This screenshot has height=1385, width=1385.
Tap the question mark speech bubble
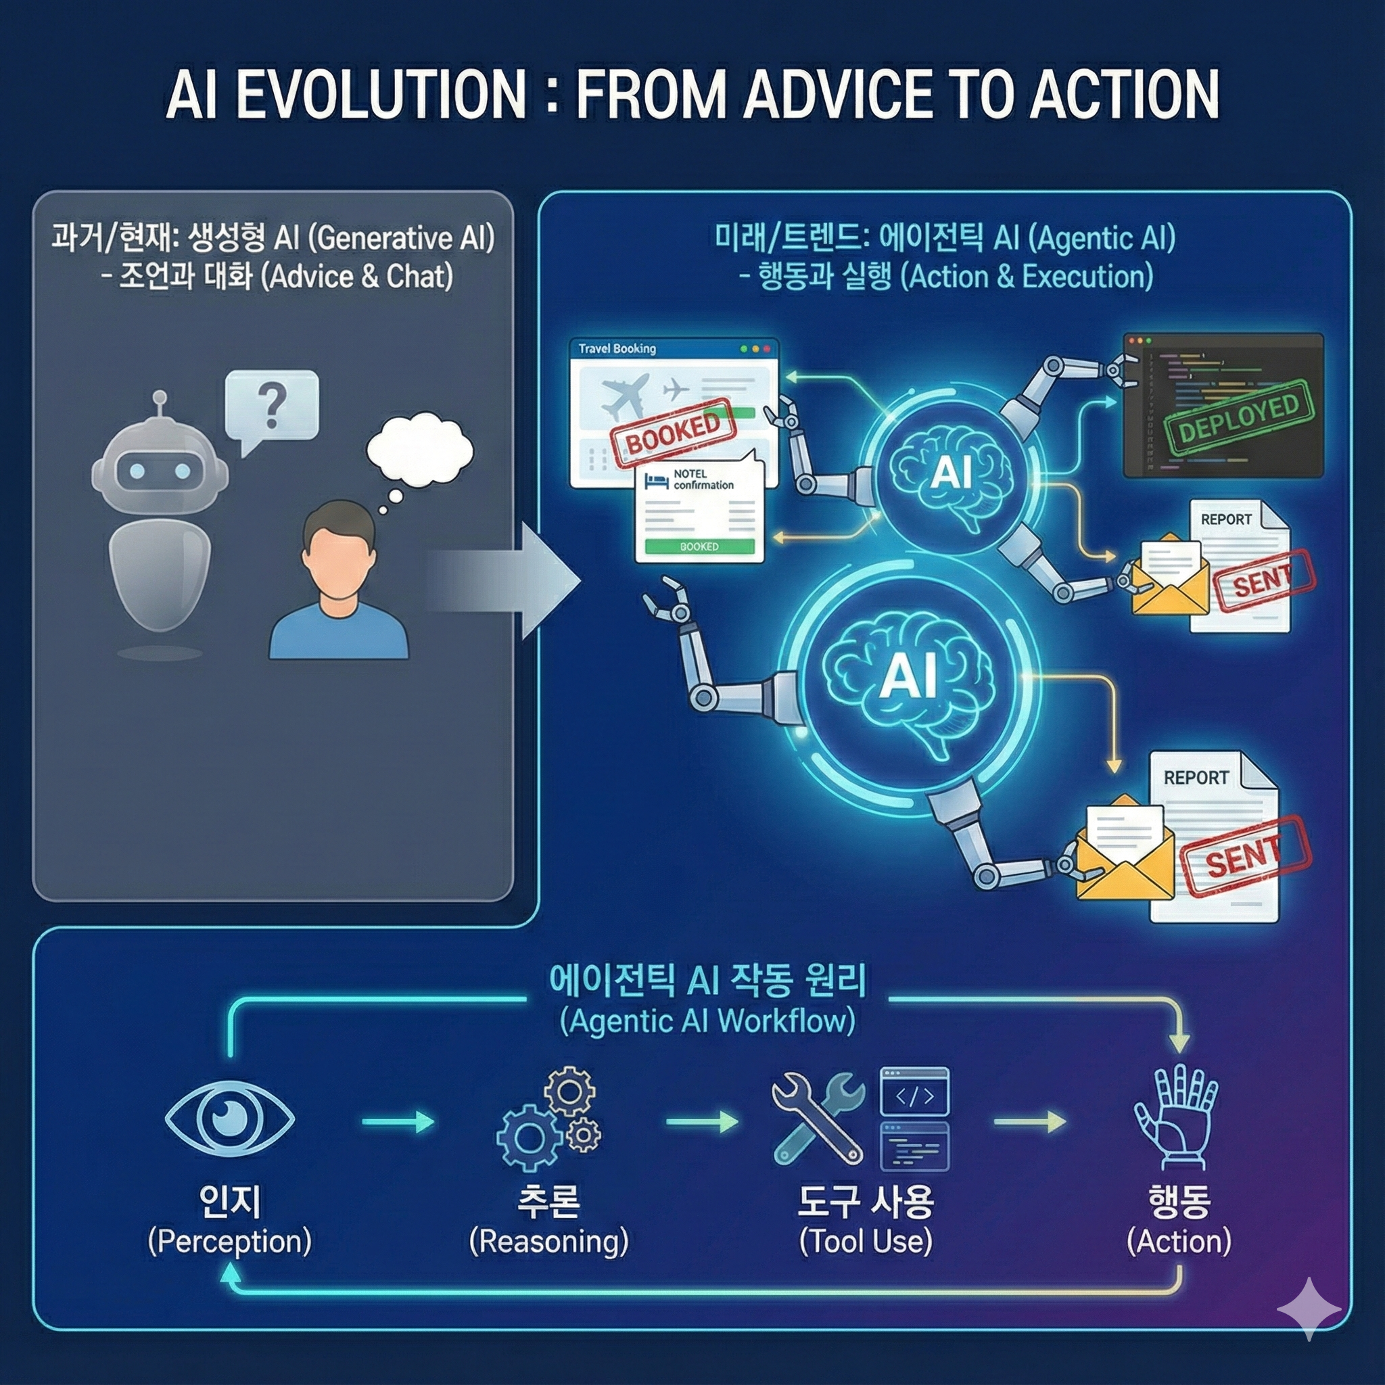coord(271,405)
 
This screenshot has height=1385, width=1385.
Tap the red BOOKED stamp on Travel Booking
coord(672,432)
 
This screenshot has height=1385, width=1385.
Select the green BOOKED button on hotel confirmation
coord(699,546)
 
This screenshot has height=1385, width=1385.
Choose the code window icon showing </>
coord(915,1094)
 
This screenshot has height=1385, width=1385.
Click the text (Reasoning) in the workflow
coord(548,1242)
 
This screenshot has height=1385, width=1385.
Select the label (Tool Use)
coord(865,1242)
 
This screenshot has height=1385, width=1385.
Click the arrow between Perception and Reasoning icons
coord(397,1122)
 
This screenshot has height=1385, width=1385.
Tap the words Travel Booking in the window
coord(617,349)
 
